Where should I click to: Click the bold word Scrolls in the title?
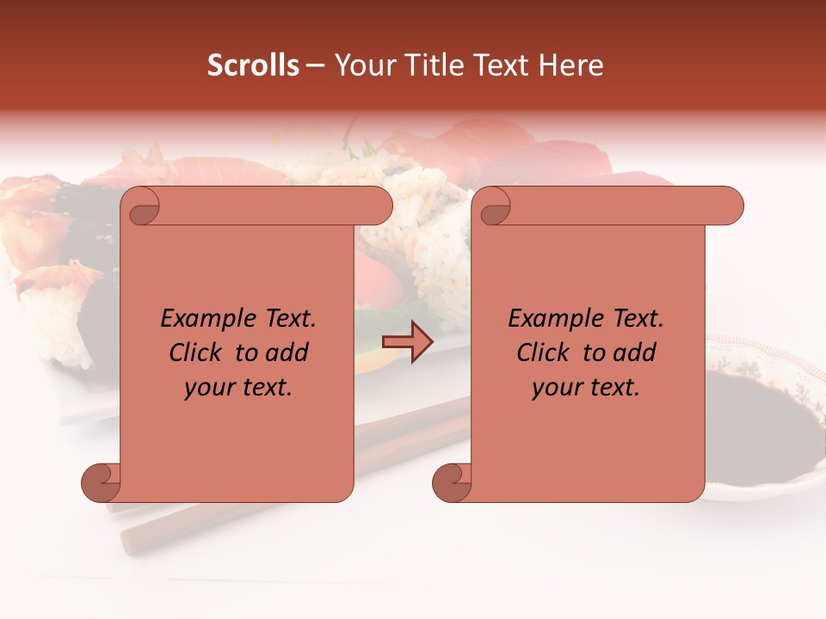pos(253,65)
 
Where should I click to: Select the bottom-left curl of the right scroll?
pos(453,481)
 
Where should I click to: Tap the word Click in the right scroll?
pos(545,353)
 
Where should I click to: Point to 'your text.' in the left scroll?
pos(238,388)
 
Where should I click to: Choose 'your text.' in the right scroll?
pos(586,388)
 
